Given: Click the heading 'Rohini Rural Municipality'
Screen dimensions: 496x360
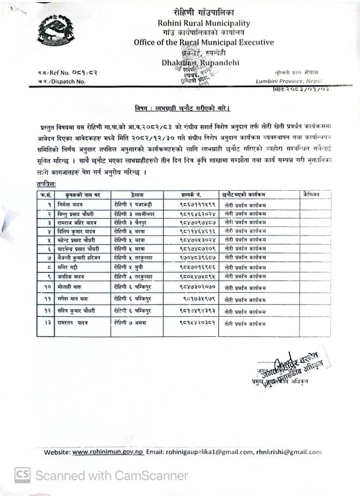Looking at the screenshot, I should [x=203, y=23].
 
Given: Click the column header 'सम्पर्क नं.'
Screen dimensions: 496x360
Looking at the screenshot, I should [x=191, y=194].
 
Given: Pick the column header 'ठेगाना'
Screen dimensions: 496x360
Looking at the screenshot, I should [x=136, y=194].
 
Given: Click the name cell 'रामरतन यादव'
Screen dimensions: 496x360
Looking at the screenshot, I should [x=73, y=323].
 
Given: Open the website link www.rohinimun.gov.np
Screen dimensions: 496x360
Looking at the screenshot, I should [x=107, y=451].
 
